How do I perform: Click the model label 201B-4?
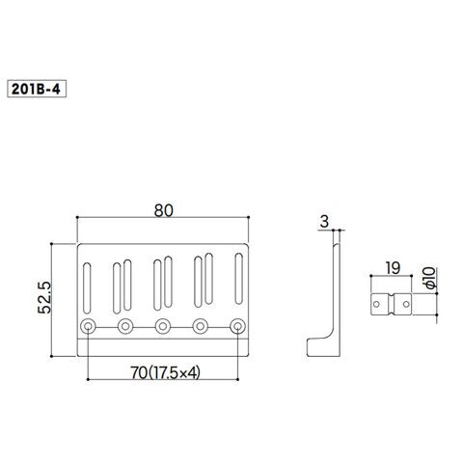pos(37,89)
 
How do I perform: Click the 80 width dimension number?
pos(163,210)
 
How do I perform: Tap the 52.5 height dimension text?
pos(44,297)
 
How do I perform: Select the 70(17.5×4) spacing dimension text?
pos(165,372)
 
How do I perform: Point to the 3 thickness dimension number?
pos(324,222)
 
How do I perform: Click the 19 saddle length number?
pos(393,268)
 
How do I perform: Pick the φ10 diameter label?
pos(429,278)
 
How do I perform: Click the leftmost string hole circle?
pos(88,326)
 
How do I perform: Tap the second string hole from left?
pos(125,326)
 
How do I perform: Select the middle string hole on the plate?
pos(163,326)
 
